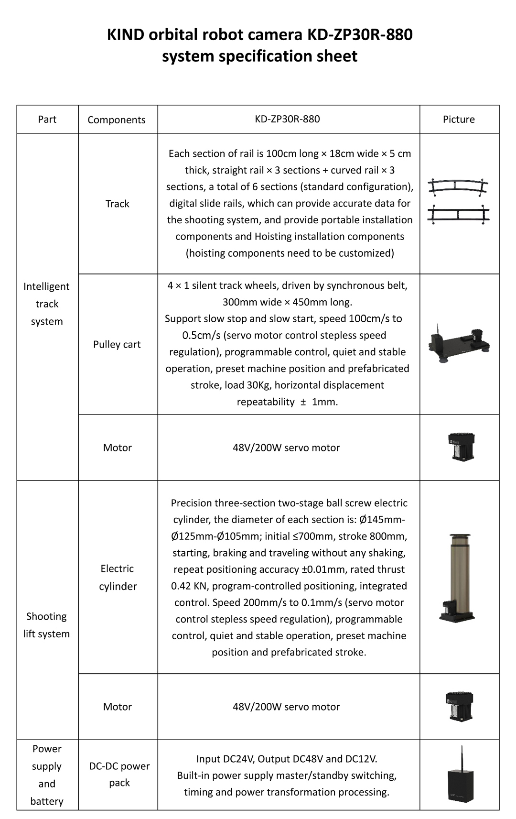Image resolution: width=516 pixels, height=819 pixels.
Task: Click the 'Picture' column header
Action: pos(459,120)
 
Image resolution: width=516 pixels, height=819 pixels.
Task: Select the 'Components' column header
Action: pos(117,120)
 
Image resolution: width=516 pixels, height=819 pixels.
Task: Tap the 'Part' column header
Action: pos(47,120)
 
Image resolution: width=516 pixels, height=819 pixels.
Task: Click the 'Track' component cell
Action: pos(118,204)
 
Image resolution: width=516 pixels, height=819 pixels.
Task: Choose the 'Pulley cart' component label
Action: pos(117,344)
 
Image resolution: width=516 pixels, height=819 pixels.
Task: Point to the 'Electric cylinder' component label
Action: pos(118,577)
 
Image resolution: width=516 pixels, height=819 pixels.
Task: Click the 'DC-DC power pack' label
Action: pos(119,774)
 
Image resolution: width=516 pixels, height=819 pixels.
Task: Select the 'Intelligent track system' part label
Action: pos(47,304)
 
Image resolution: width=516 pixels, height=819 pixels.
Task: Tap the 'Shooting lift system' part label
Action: pos(47,625)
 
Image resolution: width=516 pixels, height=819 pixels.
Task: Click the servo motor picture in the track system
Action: pos(462,447)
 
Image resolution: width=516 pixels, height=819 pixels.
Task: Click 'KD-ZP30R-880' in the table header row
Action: pos(288,119)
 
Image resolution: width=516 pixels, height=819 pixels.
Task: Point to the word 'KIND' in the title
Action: pos(125,35)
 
